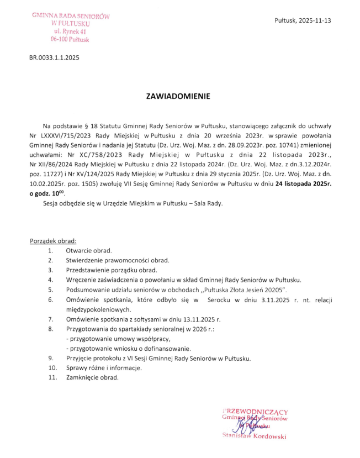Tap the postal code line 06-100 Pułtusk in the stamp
coord(70,40)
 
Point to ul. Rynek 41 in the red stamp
coord(70,32)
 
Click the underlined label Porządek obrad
coord(53,241)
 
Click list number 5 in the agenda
coord(50,289)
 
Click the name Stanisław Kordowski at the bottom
coord(253,436)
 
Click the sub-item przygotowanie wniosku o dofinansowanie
coord(128,349)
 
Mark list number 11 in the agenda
coord(52,378)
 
